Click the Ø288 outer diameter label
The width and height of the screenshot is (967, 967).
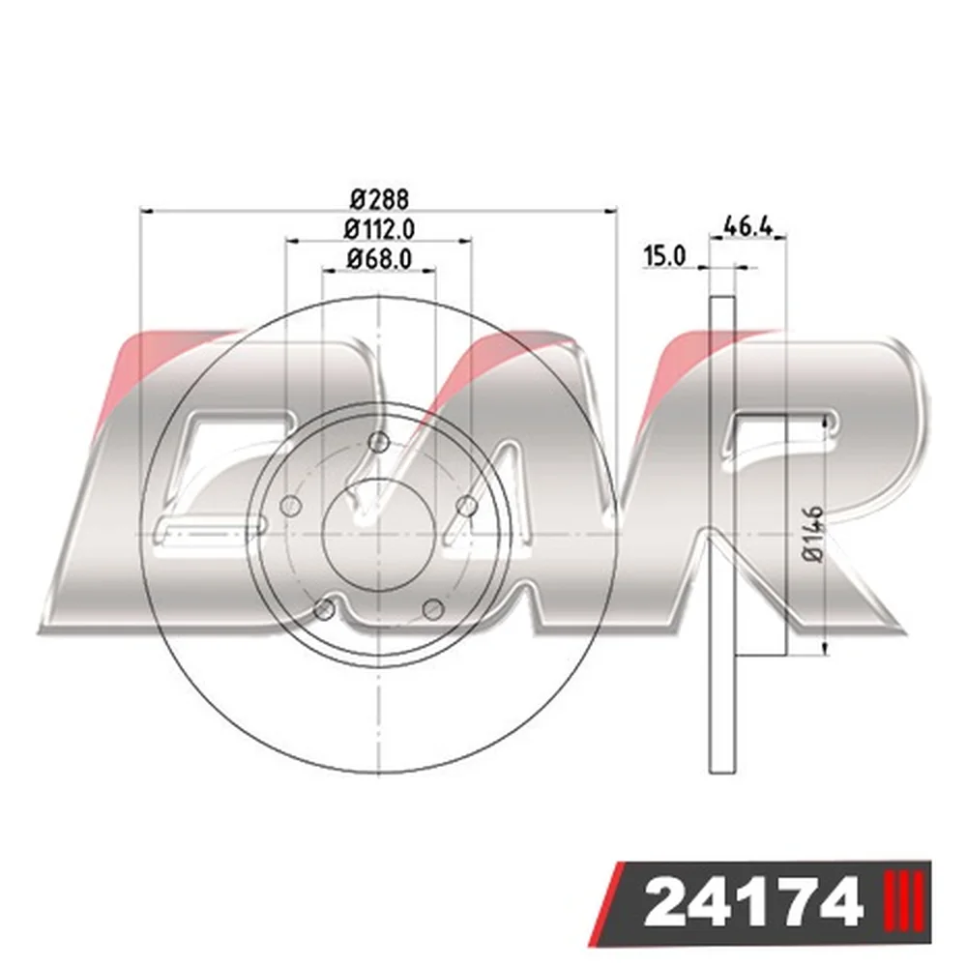coord(379,199)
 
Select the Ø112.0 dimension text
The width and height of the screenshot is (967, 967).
coord(379,229)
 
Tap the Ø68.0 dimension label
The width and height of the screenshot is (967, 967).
coord(379,258)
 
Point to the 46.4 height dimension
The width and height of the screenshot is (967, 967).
coord(747,227)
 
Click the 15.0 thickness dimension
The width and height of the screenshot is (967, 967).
coord(664,256)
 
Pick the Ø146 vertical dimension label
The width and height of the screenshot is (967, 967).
coord(814,534)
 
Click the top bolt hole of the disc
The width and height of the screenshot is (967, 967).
coord(379,442)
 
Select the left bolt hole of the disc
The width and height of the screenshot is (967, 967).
coord(290,507)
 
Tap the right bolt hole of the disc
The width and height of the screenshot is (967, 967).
coord(466,507)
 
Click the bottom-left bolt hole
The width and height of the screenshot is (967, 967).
coord(324,609)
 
